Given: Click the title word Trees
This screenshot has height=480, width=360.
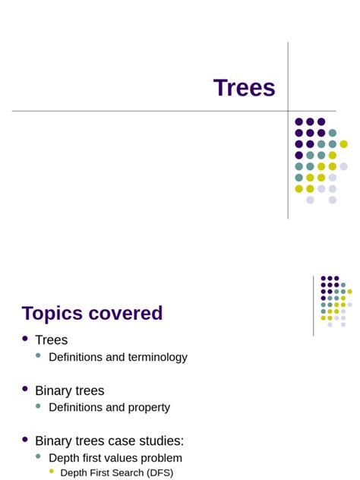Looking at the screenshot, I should click(244, 88).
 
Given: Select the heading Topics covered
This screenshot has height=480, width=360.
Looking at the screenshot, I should click(92, 313).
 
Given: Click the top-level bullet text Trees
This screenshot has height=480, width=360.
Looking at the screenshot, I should click(51, 340).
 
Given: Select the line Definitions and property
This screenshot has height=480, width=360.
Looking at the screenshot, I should click(109, 407).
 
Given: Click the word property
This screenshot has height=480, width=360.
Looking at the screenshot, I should click(148, 407).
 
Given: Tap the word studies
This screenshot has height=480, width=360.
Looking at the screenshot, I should click(162, 441).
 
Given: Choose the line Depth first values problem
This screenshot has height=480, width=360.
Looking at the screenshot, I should click(115, 458).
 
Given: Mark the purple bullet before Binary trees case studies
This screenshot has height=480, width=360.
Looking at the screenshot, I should click(25, 439).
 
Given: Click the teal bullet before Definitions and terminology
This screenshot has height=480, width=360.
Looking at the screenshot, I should click(38, 355).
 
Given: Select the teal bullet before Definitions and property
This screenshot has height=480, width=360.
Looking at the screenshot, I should click(38, 406).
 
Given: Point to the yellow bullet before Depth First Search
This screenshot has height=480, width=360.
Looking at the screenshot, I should click(52, 472).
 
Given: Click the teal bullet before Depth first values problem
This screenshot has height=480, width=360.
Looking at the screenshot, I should click(38, 456).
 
